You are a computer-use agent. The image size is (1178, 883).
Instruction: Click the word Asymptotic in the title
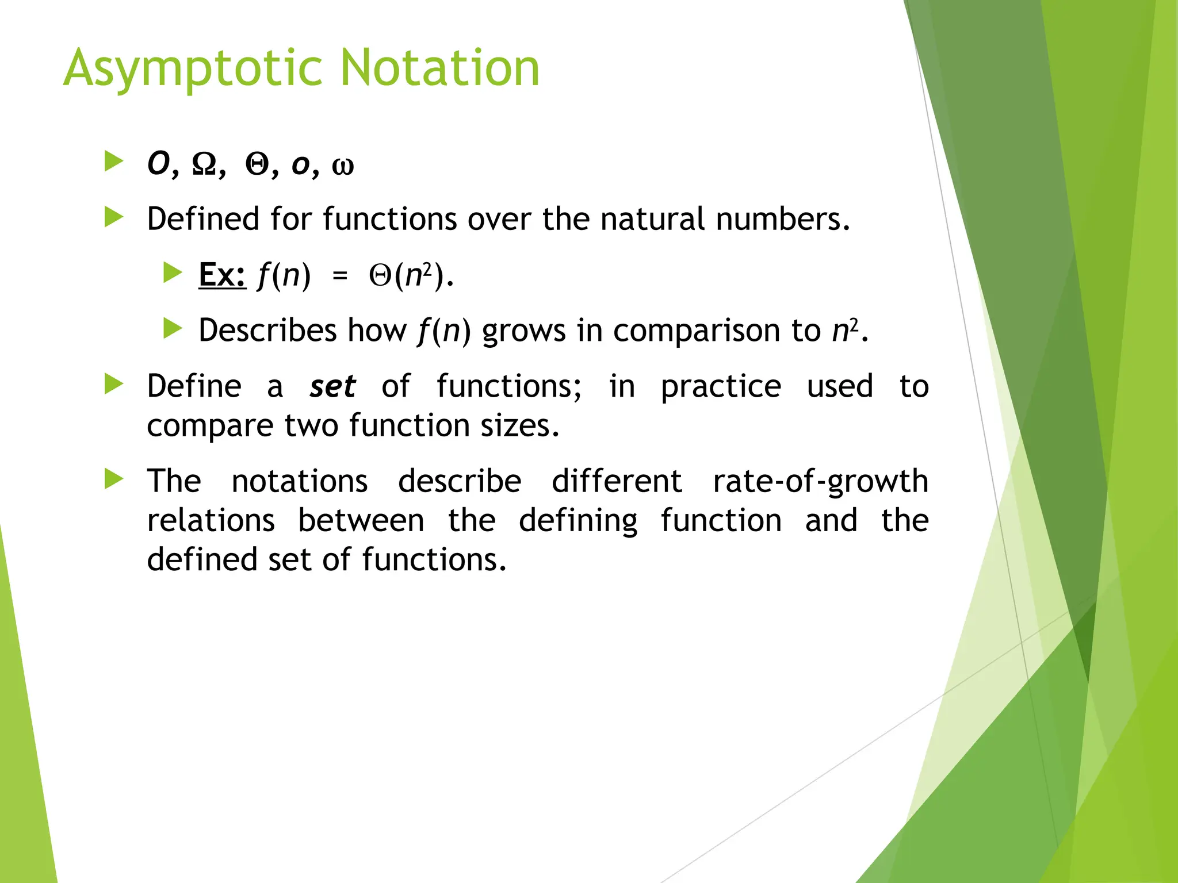(193, 69)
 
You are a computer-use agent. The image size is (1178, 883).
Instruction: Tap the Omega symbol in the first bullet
(204, 164)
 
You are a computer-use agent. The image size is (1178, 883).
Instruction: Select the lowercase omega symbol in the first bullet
(343, 166)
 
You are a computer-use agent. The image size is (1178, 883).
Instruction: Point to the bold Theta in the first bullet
(257, 164)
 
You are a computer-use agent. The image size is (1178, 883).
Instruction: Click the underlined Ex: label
(222, 275)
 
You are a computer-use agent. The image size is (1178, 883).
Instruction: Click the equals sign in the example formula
(340, 276)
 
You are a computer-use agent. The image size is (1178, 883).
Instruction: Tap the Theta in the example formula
(380, 275)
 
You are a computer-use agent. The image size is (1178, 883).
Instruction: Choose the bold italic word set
(332, 386)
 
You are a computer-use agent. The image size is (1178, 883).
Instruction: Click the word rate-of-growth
(820, 482)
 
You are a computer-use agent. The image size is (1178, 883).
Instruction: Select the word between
(361, 521)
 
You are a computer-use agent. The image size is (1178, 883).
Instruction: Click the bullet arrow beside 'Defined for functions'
(114, 217)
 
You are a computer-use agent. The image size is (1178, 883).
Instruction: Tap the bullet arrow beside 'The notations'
(114, 479)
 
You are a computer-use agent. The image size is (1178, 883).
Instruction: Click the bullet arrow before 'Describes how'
(173, 329)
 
